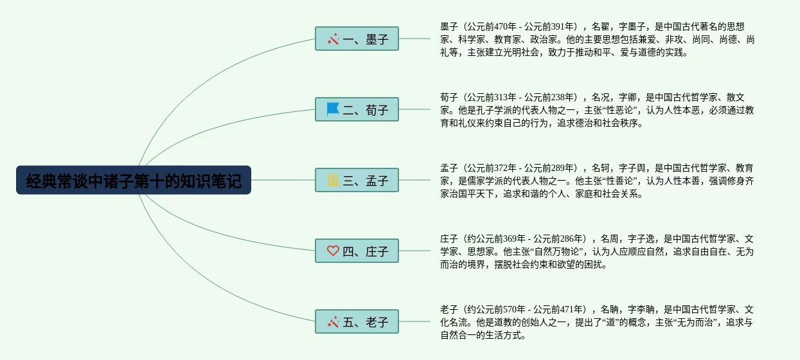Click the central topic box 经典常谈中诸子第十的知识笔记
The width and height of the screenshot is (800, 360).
tap(134, 181)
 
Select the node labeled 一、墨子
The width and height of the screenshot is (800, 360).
tap(357, 39)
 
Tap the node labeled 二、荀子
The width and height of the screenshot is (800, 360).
tap(357, 110)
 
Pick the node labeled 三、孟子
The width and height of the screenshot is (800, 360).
tap(357, 181)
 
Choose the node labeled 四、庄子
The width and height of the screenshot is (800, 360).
tap(357, 251)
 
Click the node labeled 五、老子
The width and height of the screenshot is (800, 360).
tap(357, 322)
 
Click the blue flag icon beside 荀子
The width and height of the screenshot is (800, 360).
tap(333, 109)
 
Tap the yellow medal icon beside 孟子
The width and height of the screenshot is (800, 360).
tap(333, 180)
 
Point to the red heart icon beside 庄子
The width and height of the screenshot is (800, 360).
tap(333, 251)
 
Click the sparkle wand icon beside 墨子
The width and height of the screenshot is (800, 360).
tap(333, 39)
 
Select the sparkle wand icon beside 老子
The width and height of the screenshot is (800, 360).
tap(333, 321)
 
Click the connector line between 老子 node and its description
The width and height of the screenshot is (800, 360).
tap(415, 321)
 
